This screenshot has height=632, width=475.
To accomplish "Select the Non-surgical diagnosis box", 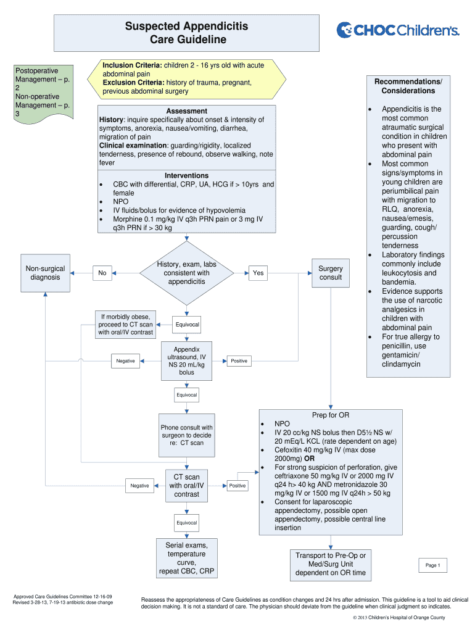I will [45, 273].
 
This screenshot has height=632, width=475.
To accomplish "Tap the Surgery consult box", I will [331, 273].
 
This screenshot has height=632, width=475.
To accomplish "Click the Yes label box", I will [258, 273].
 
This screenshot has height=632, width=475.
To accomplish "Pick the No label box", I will [102, 273].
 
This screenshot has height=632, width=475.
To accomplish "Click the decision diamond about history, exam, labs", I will [186, 273].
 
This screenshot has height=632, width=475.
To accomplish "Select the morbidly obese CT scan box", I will [125, 325].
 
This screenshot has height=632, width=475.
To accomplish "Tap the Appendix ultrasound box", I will [186, 360].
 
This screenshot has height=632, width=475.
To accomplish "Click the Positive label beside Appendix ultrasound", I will [239, 361].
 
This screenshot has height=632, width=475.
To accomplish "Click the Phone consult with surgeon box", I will [186, 435].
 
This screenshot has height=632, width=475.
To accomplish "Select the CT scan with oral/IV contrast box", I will [186, 486].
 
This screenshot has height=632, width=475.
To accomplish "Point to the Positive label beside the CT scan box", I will [237, 486].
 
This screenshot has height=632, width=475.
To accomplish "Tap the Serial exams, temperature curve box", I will [186, 558].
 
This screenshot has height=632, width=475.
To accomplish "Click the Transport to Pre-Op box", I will [331, 564].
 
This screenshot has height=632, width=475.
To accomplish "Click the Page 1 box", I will [432, 565].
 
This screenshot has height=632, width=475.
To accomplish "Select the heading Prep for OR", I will [331, 415].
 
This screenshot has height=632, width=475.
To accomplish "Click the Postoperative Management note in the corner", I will [44, 92].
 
